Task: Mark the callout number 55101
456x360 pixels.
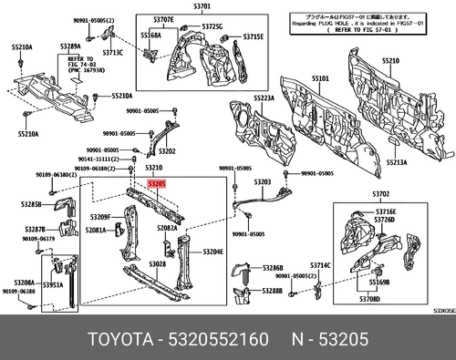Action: (321, 79)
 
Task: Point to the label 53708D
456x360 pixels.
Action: (368, 299)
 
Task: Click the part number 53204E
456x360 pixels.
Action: (212, 251)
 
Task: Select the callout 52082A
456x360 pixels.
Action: (167, 228)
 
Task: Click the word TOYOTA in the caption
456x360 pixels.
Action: (120, 339)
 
